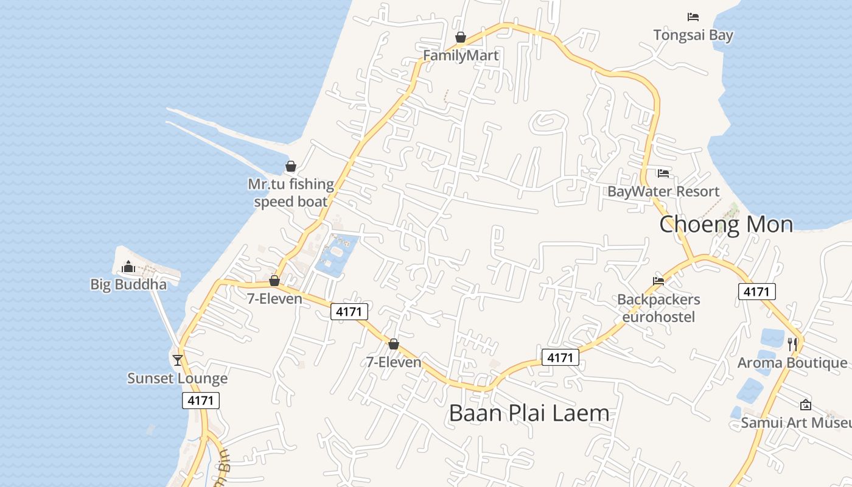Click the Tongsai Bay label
(693, 35)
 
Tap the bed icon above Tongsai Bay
(693, 17)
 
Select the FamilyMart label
(461, 55)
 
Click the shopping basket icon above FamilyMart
(461, 38)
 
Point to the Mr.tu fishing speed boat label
(291, 193)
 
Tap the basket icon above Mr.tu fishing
(291, 166)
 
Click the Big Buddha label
(128, 284)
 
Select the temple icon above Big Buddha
(128, 267)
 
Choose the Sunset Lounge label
(177, 378)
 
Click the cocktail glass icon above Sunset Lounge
(177, 360)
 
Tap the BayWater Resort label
(663, 192)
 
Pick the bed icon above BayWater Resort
(663, 173)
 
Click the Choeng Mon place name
(726, 225)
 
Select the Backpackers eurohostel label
(658, 308)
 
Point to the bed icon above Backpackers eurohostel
(658, 281)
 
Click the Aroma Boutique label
(792, 363)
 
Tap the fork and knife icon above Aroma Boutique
(792, 345)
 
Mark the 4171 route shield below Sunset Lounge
(201, 401)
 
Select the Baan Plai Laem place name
(529, 413)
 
